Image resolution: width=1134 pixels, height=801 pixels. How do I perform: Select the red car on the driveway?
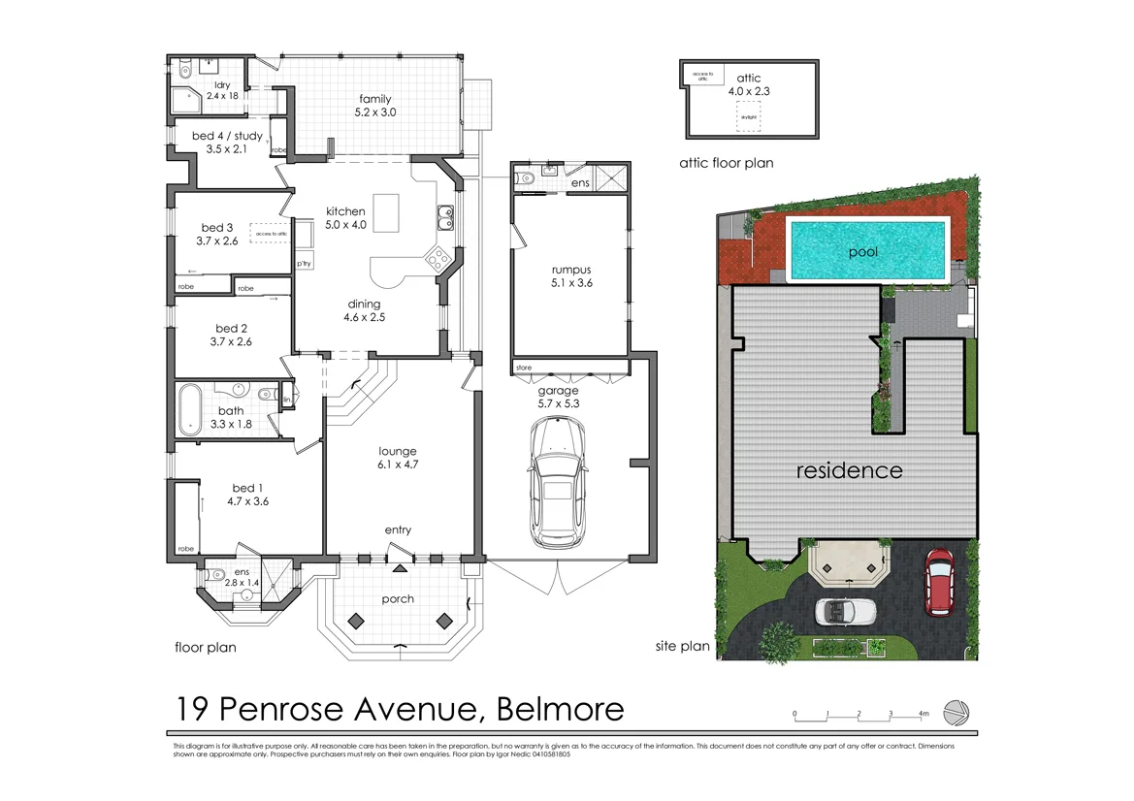[938, 582]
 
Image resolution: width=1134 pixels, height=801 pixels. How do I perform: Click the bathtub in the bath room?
[190, 410]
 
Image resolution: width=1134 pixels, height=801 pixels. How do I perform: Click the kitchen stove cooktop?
[437, 258]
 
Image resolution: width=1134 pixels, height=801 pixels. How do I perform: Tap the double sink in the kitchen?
[444, 220]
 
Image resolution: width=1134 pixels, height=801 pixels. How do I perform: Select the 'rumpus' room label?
[571, 272]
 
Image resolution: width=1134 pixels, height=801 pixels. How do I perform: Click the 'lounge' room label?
[398, 451]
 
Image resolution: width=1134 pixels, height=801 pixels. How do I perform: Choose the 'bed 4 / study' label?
[227, 136]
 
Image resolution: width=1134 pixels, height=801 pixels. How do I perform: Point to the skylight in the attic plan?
[748, 117]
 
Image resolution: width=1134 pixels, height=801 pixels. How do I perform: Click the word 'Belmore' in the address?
[560, 710]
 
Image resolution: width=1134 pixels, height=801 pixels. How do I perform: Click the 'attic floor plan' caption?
[727, 164]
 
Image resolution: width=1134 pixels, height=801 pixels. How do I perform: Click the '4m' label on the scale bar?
[923, 714]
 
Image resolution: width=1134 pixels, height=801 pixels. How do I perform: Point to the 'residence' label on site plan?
[849, 470]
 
